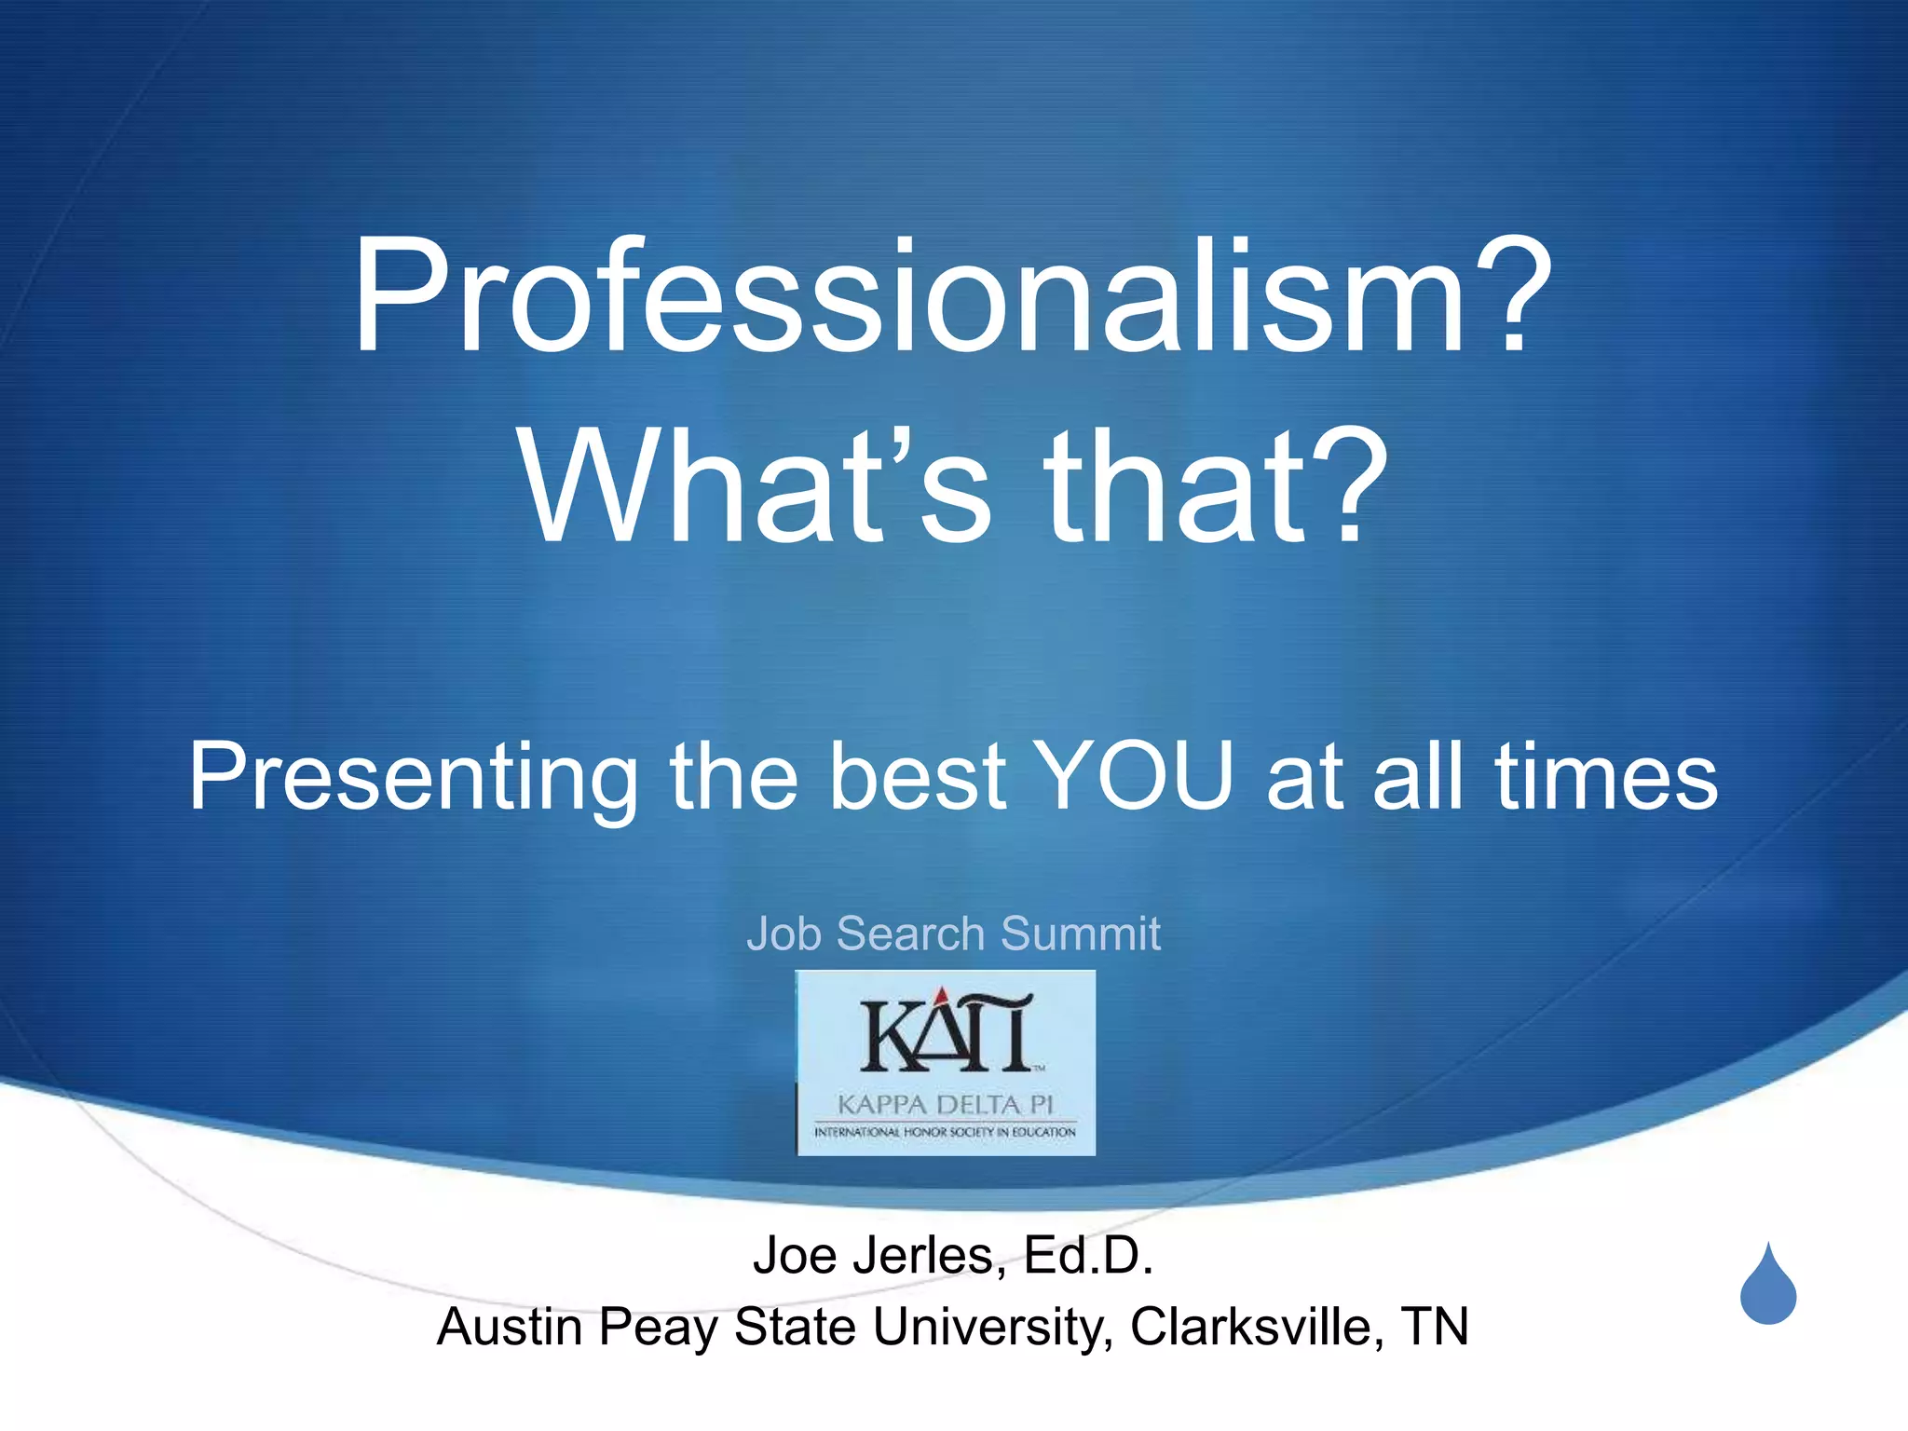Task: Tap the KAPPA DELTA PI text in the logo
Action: pos(945,1105)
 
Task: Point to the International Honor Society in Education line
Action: pos(945,1132)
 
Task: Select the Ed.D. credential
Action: pos(1088,1256)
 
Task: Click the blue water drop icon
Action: pos(1767,1288)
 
